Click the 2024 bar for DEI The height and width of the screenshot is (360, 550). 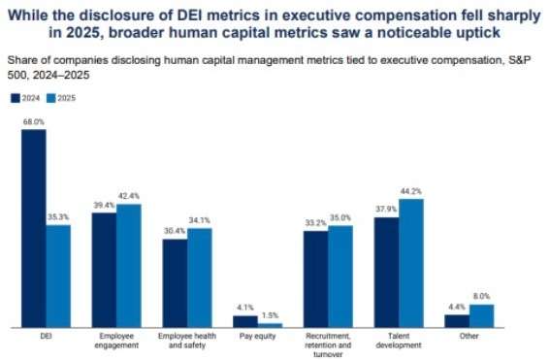[33, 229]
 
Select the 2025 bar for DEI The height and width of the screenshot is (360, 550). [58, 277]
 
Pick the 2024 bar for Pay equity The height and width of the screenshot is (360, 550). [245, 322]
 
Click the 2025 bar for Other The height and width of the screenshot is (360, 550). [482, 316]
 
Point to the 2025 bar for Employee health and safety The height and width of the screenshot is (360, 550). [199, 278]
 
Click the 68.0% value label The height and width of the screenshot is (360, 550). [33, 122]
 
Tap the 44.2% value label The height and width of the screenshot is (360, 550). [411, 192]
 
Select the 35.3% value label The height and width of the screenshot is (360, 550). [58, 218]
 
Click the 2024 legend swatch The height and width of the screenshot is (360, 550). [15, 98]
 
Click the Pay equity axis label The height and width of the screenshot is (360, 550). [258, 338]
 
